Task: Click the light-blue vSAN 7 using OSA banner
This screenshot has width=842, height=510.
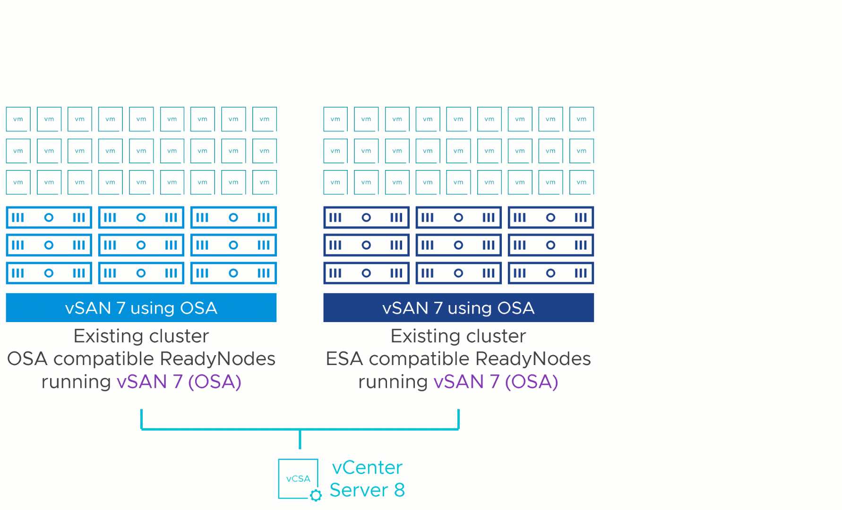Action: [x=141, y=307]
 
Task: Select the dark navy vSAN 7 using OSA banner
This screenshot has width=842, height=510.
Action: [x=458, y=307]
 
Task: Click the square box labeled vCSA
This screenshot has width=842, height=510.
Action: [x=298, y=478]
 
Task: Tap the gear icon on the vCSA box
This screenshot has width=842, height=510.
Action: [x=316, y=495]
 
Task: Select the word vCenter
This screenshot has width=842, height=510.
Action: [x=367, y=467]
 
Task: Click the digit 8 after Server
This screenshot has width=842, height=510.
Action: [x=399, y=490]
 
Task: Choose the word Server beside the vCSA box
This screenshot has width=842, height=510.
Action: [x=359, y=490]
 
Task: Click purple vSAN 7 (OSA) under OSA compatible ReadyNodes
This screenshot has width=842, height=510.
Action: [x=179, y=382]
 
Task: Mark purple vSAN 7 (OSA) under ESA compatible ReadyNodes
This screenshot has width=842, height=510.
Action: [x=496, y=382]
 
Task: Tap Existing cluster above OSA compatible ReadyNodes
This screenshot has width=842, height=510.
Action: [x=141, y=336]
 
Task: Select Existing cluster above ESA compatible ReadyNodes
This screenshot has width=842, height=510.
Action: [x=458, y=336]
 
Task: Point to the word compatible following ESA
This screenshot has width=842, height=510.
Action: [x=419, y=359]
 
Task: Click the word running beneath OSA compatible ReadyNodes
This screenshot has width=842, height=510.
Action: [x=76, y=382]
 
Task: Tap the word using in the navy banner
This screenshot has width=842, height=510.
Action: [x=469, y=308]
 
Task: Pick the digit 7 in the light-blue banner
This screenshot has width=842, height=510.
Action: [x=121, y=308]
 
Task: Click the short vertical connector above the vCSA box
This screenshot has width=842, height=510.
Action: [x=300, y=440]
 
